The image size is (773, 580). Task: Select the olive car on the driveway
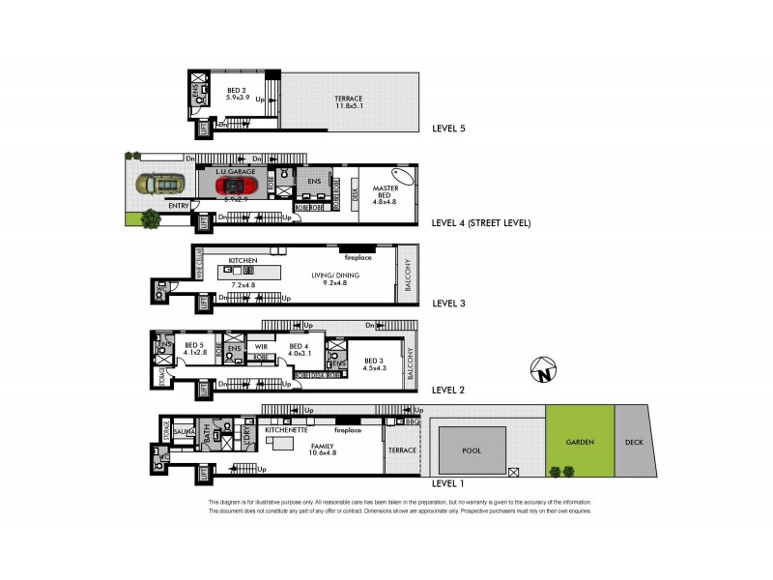click(159, 184)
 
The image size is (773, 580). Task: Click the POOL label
click(471, 450)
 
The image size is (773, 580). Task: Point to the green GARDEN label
click(580, 442)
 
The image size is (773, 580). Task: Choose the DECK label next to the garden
click(633, 442)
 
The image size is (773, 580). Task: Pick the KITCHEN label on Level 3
click(242, 261)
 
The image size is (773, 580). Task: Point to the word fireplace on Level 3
click(358, 258)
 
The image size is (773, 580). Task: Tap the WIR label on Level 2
click(261, 345)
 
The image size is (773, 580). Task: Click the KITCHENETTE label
click(284, 430)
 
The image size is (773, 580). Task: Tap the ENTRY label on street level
click(179, 206)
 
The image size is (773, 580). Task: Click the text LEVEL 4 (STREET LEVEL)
click(481, 223)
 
